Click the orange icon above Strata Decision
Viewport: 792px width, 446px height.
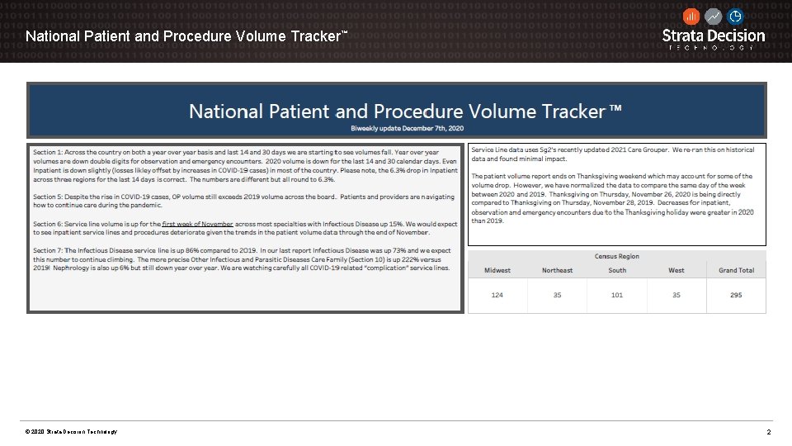tap(691, 17)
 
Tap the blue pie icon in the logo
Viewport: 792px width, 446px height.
tap(735, 17)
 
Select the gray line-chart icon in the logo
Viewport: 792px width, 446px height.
tap(714, 17)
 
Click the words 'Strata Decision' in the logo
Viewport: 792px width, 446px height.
tap(714, 36)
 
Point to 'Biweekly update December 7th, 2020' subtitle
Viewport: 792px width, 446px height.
tap(407, 128)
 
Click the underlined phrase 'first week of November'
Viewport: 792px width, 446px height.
tap(198, 225)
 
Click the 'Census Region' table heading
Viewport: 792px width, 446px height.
tap(617, 257)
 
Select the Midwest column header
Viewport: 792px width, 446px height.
tap(497, 270)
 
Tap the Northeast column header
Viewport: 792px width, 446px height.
tap(557, 270)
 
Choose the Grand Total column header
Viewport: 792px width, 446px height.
tap(736, 270)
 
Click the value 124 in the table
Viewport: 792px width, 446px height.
tap(497, 295)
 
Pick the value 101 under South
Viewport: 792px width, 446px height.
tap(617, 295)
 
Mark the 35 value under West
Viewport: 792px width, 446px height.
tap(676, 295)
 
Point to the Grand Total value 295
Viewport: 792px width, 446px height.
tap(736, 295)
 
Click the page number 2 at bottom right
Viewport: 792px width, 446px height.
tap(768, 433)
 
